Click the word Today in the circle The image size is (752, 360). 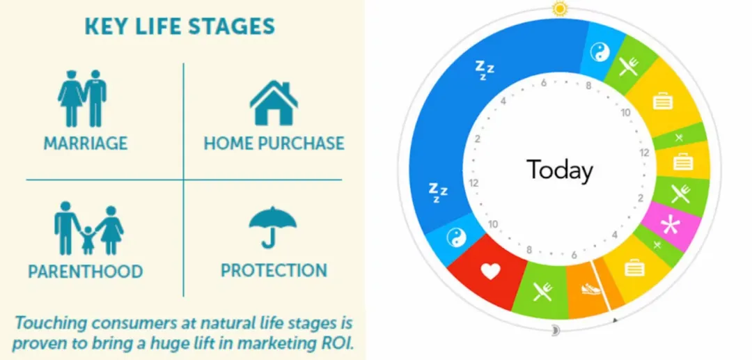coord(560,170)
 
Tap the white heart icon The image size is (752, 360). coord(491,272)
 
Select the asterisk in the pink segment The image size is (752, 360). coord(670,226)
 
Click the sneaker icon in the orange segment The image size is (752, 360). coord(591,289)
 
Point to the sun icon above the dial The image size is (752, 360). coord(560,8)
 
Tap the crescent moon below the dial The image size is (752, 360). coord(556,331)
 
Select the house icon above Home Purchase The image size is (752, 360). coord(274,102)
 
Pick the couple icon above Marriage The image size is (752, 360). coord(82,98)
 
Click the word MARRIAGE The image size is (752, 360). coord(86,143)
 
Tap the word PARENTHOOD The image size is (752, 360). coord(86,272)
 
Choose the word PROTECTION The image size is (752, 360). coord(274,270)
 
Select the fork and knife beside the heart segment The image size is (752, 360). coord(542,291)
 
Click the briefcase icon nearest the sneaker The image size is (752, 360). coord(634,268)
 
